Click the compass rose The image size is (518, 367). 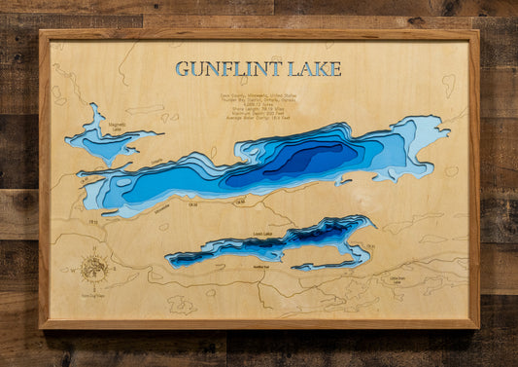93,266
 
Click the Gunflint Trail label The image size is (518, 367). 260,265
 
